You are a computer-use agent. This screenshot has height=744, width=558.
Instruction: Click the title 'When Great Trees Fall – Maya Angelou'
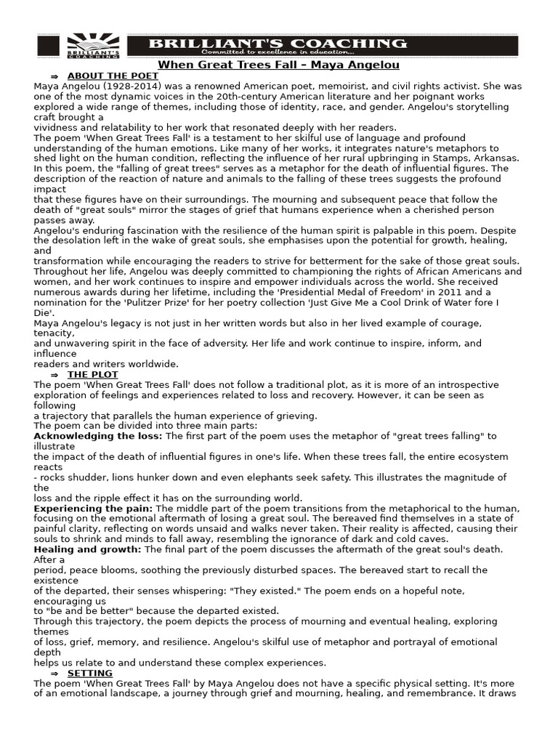click(278, 65)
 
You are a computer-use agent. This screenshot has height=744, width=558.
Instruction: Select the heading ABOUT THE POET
click(102, 76)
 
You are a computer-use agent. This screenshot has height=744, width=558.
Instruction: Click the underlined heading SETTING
click(95, 674)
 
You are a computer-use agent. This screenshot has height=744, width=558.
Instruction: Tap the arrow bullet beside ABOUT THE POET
click(54, 76)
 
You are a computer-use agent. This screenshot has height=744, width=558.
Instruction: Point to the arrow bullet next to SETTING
click(54, 674)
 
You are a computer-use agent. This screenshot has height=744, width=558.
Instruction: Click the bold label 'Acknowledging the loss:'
click(98, 436)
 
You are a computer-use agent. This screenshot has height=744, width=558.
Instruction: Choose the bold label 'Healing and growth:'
click(88, 550)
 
